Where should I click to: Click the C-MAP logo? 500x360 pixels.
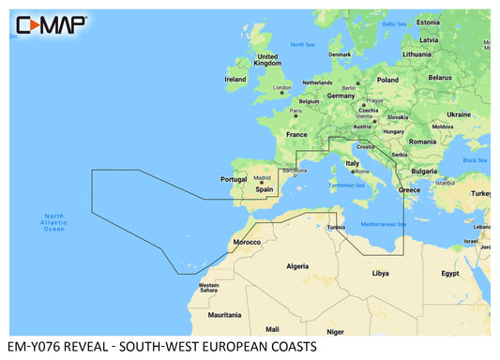point(48,23)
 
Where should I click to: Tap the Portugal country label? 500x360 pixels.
point(232,179)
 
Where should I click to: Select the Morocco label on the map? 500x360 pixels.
point(247,242)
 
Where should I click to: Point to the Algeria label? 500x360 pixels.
point(296,266)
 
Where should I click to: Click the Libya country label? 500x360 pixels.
point(380,274)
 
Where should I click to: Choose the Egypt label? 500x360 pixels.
point(450,274)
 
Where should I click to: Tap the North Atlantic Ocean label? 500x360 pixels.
point(55,223)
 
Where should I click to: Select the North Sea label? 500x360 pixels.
point(302,45)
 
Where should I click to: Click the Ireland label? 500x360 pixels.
point(235,80)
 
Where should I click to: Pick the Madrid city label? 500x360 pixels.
point(263,176)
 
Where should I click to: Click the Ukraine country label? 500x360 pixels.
point(459,113)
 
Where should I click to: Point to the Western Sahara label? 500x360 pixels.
point(208,287)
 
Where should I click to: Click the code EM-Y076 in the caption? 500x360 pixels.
point(36,348)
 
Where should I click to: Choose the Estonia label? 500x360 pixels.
point(428,22)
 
